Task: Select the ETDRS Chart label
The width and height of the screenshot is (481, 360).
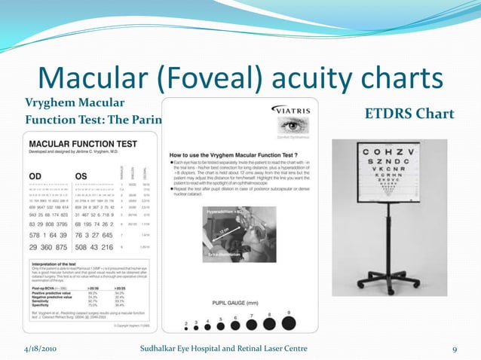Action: [409, 114]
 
